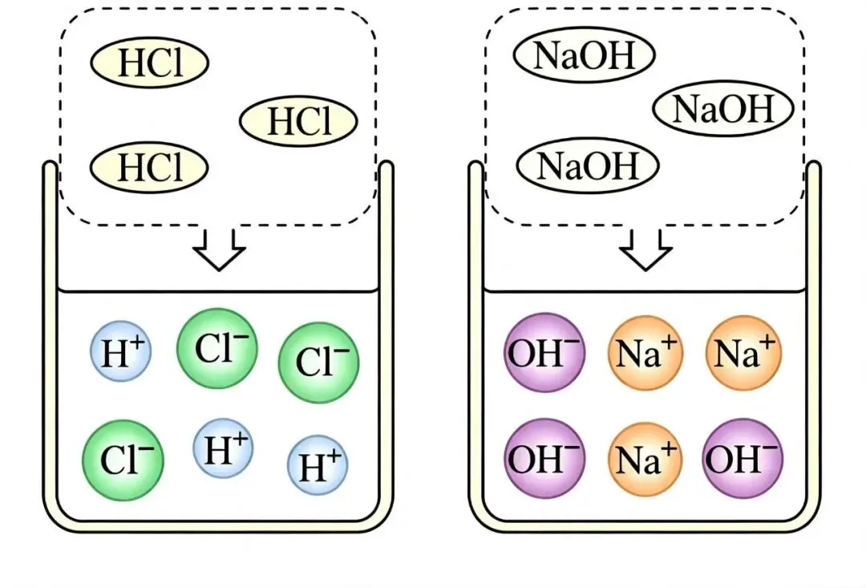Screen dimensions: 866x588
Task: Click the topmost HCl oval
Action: [149, 62]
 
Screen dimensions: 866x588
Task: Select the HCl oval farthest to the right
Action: [298, 120]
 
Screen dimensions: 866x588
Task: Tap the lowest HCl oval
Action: [149, 167]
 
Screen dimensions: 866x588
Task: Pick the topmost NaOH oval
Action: [585, 55]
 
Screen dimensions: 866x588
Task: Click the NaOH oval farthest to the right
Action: [723, 108]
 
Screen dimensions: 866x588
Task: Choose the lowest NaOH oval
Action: [588, 165]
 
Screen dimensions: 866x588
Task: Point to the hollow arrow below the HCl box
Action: [219, 249]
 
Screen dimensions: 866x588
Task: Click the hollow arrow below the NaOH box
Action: [645, 249]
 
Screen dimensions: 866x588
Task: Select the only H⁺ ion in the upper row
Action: [121, 351]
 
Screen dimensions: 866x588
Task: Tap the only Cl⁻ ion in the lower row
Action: [123, 460]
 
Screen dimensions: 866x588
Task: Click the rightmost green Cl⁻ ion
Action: [318, 363]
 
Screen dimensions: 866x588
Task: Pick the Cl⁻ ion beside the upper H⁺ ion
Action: [217, 349]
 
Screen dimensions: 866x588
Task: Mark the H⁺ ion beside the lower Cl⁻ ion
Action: [223, 448]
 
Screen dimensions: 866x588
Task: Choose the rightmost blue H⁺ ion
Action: [318, 464]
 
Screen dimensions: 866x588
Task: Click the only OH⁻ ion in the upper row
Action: [544, 353]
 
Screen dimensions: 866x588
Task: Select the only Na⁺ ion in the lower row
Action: [645, 459]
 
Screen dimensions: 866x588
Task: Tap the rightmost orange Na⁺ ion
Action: [743, 353]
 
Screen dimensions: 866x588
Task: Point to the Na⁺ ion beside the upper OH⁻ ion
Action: [645, 353]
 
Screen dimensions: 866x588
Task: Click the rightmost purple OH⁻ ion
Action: [743, 459]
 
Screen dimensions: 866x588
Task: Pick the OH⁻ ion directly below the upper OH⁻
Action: [544, 459]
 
